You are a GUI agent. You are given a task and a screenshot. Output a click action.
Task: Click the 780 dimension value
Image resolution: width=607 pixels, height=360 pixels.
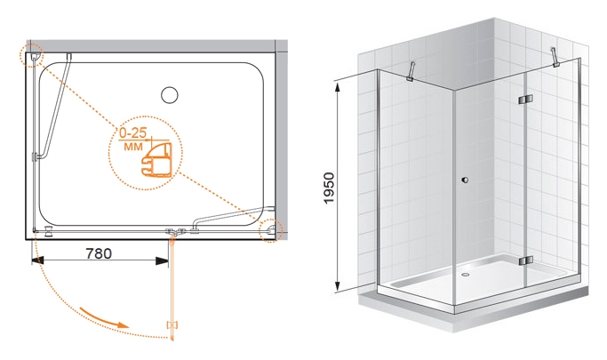coord(99,253)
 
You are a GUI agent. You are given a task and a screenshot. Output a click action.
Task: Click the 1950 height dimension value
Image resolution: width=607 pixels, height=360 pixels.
coord(329,188)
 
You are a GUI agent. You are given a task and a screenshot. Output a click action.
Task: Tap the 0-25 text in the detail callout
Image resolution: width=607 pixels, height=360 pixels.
coord(132,133)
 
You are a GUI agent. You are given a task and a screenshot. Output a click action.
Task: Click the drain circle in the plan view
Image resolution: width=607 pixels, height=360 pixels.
coord(170,95)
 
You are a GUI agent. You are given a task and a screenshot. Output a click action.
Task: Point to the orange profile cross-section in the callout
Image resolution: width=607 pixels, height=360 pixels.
coord(157,160)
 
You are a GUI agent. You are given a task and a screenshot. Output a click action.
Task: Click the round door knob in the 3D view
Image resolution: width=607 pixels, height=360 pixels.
coord(466,180)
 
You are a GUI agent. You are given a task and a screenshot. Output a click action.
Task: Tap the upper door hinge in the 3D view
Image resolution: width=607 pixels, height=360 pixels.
coord(525,100)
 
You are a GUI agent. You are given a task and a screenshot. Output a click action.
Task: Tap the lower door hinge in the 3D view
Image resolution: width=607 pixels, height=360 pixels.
coord(526,261)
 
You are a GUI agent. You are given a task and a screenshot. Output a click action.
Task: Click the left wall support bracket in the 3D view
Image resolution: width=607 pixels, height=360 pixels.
coord(411,72)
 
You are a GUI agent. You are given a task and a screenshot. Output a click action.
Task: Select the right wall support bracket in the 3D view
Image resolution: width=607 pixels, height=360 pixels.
coord(555,57)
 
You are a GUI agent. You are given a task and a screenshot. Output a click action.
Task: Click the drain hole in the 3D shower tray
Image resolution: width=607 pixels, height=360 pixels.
coord(466,275)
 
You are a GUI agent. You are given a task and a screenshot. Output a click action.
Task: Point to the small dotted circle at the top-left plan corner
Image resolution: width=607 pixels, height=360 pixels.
coord(31,56)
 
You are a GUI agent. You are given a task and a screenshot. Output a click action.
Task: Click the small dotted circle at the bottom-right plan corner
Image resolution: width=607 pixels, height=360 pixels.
coord(271,231)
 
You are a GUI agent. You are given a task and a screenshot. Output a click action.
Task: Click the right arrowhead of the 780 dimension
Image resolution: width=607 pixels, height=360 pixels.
coord(163,261)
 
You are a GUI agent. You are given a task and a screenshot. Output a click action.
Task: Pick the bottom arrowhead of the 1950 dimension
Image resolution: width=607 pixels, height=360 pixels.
coord(338,285)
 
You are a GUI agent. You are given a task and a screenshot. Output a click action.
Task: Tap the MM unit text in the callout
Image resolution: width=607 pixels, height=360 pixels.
coord(133,147)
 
